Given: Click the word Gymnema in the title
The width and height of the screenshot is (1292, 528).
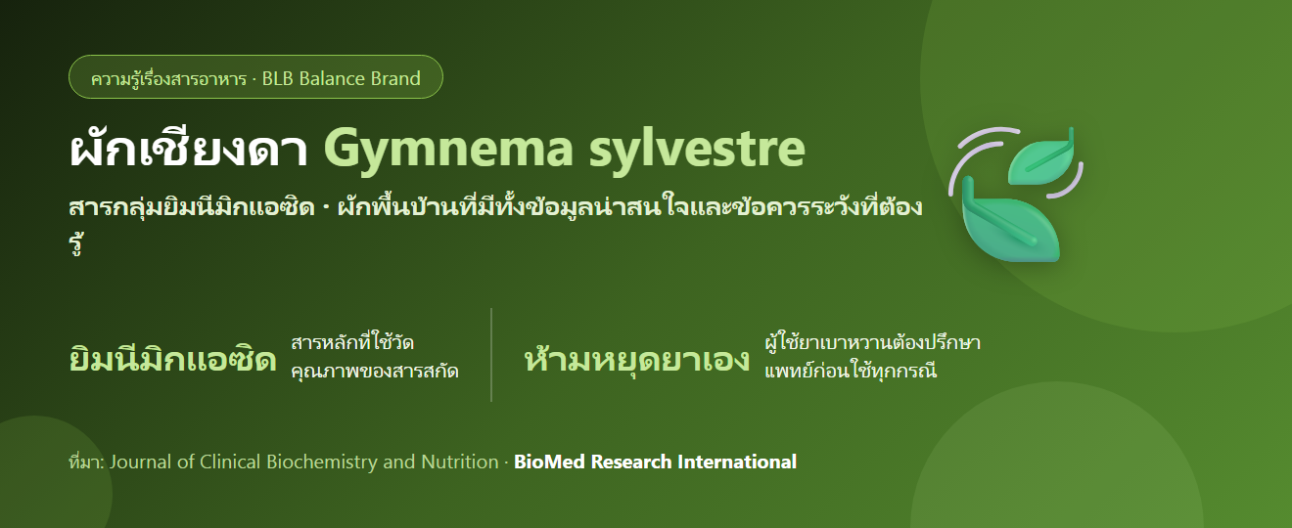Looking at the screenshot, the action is coord(448,150).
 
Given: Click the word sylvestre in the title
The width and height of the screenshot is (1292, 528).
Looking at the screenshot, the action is coord(697,149).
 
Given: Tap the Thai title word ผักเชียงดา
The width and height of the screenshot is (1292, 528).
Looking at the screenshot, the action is coord(189,149).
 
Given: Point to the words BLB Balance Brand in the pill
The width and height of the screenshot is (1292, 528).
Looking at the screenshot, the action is coord(342,78).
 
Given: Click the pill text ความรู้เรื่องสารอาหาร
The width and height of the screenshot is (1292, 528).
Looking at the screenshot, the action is coord(168,78).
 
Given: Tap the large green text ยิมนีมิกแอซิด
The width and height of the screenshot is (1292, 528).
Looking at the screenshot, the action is coord(172,360).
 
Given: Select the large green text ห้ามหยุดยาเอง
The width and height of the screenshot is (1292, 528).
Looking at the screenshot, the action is coord(637,360).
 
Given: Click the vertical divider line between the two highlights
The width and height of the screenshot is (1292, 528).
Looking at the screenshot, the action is coord(491,355).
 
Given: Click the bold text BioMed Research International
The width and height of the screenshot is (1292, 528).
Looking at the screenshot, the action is coord(655,462).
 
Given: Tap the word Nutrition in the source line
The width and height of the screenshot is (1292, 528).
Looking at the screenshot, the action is coord(460,462).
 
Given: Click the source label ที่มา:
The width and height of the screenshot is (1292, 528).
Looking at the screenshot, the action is coord(86,462).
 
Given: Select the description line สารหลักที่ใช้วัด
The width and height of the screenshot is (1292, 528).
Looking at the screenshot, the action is coord(352,342).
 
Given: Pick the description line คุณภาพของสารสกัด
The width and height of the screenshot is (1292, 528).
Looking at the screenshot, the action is coord(375,371).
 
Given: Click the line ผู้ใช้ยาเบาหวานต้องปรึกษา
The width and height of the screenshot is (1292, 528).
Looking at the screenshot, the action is coord(873,342).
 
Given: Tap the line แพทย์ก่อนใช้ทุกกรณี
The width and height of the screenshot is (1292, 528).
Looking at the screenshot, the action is coord(851,370).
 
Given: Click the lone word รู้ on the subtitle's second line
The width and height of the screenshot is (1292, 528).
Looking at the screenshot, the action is coord(76,243).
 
